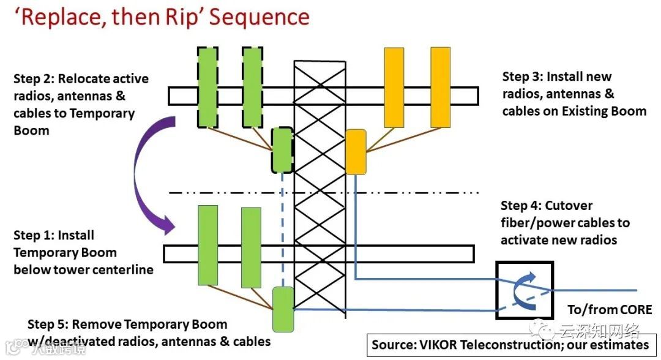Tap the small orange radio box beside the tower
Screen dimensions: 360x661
356,152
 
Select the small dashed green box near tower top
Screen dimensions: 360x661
282,150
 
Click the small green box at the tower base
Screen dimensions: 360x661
283,309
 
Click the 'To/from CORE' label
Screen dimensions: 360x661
610,310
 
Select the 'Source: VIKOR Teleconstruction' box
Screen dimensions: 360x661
509,345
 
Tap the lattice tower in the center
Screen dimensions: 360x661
318,184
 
